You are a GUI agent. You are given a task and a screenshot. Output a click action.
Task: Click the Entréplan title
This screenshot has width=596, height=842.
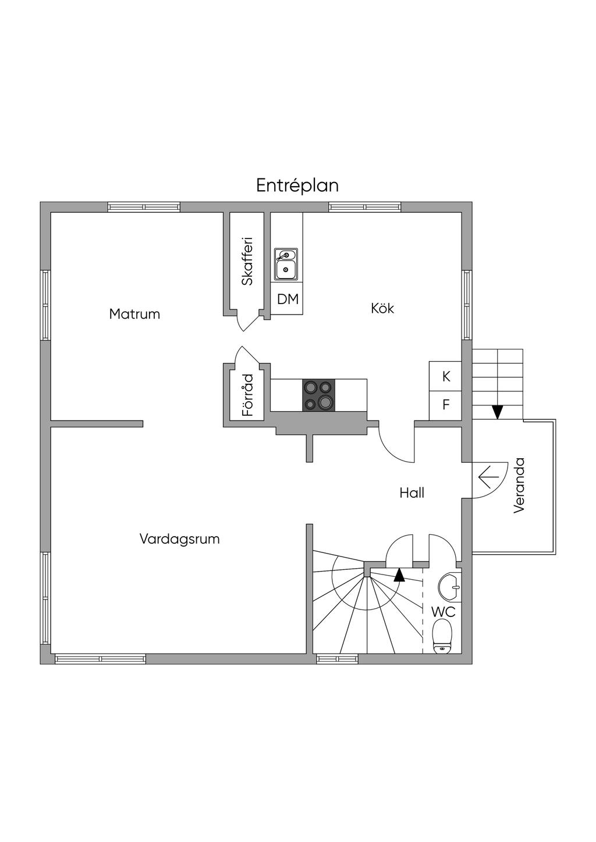297,185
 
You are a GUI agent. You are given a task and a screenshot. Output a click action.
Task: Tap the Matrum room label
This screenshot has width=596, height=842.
134,314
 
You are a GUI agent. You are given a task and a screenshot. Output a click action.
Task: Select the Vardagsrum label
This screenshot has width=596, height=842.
179,538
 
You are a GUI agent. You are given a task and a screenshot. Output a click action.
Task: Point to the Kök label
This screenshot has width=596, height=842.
382,308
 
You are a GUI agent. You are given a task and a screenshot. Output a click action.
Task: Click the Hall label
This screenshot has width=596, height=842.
411,493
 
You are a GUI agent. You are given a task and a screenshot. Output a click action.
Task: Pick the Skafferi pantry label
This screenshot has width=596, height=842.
247,261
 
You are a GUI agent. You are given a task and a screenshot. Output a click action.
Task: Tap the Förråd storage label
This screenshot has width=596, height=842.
247,395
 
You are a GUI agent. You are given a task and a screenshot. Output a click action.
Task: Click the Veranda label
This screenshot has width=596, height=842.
519,485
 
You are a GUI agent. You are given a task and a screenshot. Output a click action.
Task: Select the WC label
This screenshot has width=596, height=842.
443,612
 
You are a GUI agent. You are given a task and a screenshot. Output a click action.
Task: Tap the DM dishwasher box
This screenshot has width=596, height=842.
288,299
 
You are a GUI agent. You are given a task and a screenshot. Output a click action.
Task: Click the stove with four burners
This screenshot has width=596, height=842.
318,394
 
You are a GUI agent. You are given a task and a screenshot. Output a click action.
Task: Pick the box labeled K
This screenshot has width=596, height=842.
446,376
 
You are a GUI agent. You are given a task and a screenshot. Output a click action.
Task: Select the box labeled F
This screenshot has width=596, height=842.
446,405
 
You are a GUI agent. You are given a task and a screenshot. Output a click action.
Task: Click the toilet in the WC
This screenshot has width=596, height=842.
443,636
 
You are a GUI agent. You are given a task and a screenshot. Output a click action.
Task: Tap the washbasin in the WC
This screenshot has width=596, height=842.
450,586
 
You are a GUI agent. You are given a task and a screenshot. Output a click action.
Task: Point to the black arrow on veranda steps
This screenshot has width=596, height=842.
497,412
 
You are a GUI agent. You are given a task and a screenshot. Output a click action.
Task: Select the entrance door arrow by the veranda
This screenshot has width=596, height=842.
487,477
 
